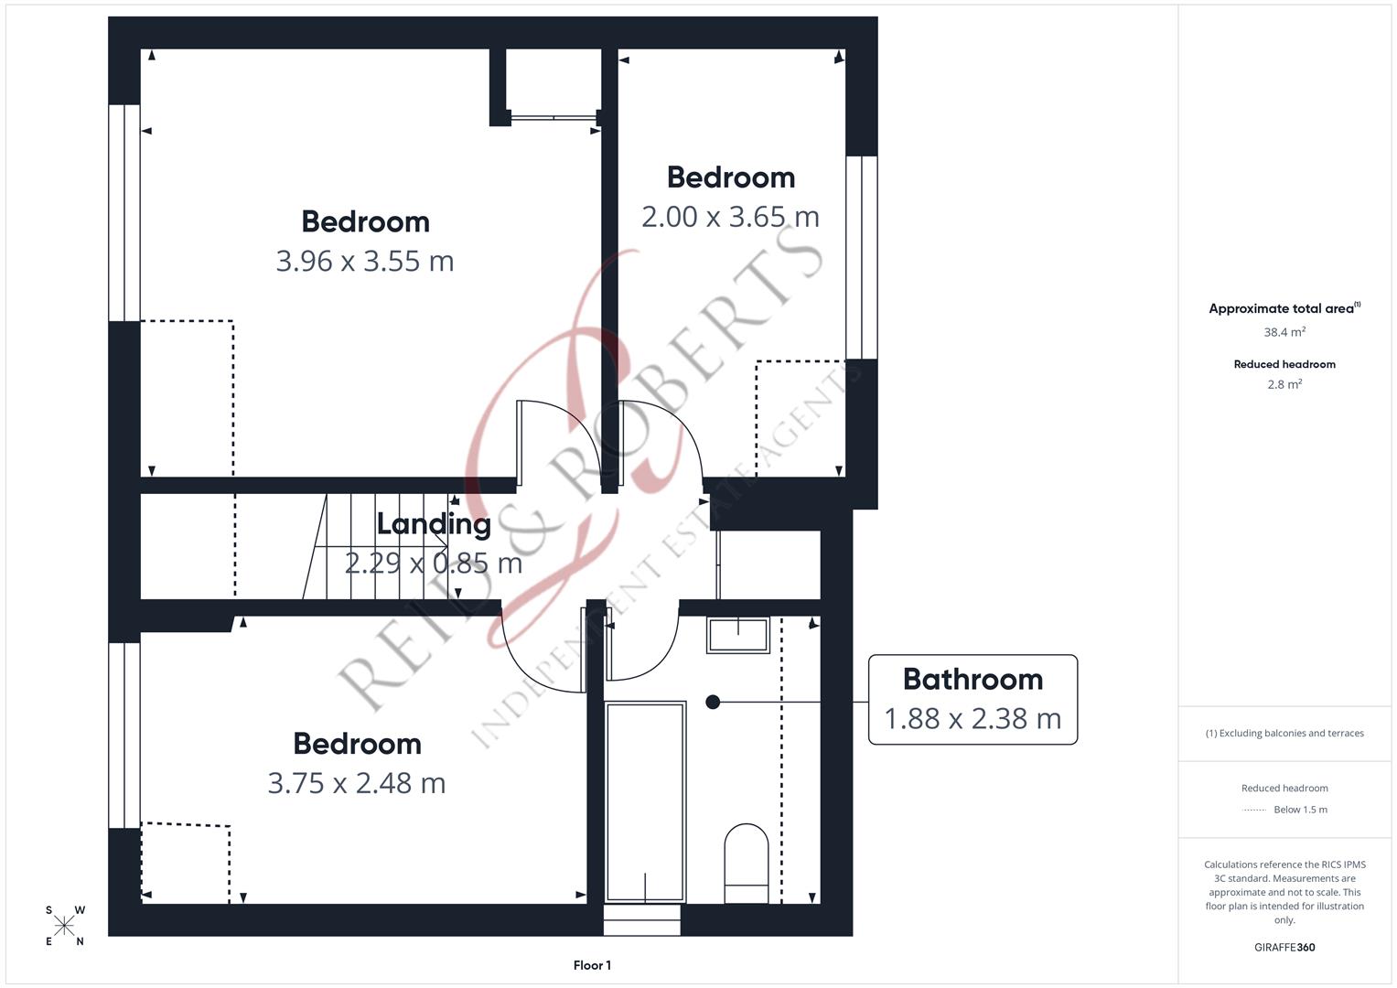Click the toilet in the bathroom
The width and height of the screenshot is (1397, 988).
pyautogui.click(x=746, y=863)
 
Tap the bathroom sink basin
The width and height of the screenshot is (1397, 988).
pyautogui.click(x=737, y=635)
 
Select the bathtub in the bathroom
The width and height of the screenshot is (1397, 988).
pyautogui.click(x=645, y=801)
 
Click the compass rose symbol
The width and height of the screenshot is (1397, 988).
pyautogui.click(x=65, y=926)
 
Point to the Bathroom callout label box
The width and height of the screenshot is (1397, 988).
pyautogui.click(x=973, y=699)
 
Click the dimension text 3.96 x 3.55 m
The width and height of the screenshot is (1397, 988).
pyautogui.click(x=365, y=262)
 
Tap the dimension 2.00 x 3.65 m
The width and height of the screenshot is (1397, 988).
pyautogui.click(x=730, y=217)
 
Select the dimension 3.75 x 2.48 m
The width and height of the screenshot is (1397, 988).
pyautogui.click(x=357, y=784)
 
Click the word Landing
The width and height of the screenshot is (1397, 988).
pyautogui.click(x=434, y=524)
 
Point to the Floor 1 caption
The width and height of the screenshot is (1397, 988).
pyautogui.click(x=592, y=965)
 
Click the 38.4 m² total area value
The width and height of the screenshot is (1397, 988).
pyautogui.click(x=1284, y=332)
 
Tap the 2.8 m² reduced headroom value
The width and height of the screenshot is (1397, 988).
pyautogui.click(x=1284, y=384)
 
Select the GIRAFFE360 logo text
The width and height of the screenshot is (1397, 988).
pyautogui.click(x=1284, y=947)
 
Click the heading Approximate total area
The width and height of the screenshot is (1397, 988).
pyautogui.click(x=1283, y=309)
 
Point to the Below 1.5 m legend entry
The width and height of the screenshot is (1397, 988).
pyautogui.click(x=1300, y=810)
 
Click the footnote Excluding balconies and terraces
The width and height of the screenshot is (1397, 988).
pyautogui.click(x=1284, y=733)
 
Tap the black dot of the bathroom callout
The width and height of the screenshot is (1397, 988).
pyautogui.click(x=713, y=702)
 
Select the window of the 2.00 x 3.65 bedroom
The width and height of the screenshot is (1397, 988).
pyautogui.click(x=861, y=257)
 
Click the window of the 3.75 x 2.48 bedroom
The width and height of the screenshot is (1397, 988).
pyautogui.click(x=124, y=736)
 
